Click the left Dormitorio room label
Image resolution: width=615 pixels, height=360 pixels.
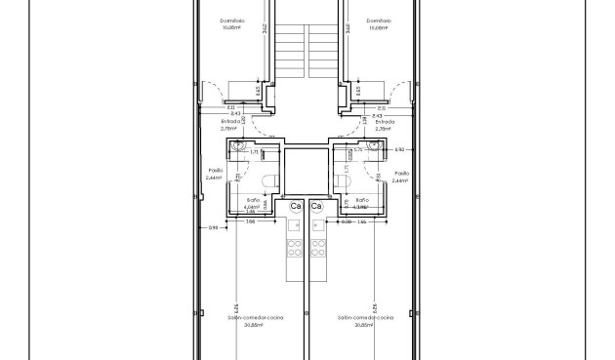231,20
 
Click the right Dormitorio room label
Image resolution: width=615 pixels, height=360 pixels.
379,20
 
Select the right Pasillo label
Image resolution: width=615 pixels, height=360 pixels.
399,170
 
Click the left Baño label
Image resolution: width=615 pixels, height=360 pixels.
252,199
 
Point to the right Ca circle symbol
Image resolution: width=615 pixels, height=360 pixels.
316,207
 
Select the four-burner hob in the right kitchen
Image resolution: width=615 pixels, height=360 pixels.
317,250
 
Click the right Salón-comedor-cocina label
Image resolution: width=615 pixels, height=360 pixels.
365,318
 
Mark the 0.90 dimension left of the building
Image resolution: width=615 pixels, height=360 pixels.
213,227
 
